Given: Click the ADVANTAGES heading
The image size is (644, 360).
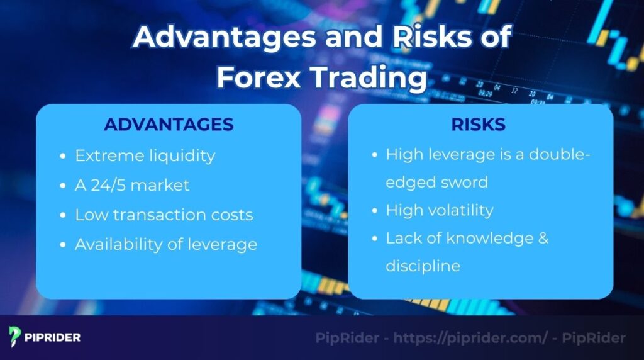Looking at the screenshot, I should (x=169, y=125).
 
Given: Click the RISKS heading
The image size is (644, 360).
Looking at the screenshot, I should (x=478, y=125).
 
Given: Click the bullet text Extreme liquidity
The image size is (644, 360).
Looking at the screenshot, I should (x=145, y=155).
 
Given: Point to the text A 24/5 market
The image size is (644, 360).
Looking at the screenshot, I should (x=132, y=185).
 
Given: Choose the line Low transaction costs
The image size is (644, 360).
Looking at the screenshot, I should (x=164, y=215).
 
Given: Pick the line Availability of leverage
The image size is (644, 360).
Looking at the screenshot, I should (x=165, y=244).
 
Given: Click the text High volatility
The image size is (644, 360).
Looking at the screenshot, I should (x=439, y=210).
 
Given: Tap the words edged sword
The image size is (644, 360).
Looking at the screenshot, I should (x=436, y=183).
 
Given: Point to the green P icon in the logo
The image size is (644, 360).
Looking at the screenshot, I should (x=15, y=337).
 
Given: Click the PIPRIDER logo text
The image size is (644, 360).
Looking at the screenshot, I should (x=52, y=337).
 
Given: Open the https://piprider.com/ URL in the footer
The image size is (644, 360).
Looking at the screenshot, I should (x=470, y=338).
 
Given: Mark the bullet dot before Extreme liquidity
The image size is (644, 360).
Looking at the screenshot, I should (x=63, y=156).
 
